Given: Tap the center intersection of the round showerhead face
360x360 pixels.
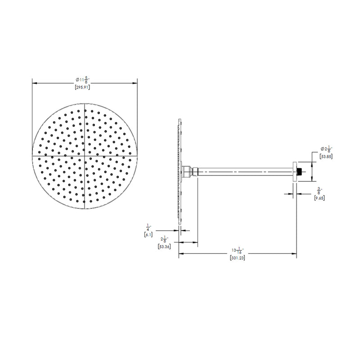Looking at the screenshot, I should point(85,155).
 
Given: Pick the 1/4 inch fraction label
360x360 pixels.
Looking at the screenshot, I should point(148,228).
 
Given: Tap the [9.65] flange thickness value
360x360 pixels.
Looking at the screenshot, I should point(319,197).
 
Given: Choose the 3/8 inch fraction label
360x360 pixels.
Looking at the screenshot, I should point(319,190).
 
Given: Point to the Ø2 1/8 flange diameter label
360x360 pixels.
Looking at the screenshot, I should point(326,149).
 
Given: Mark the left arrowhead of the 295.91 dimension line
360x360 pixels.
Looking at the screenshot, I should point(33,82).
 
